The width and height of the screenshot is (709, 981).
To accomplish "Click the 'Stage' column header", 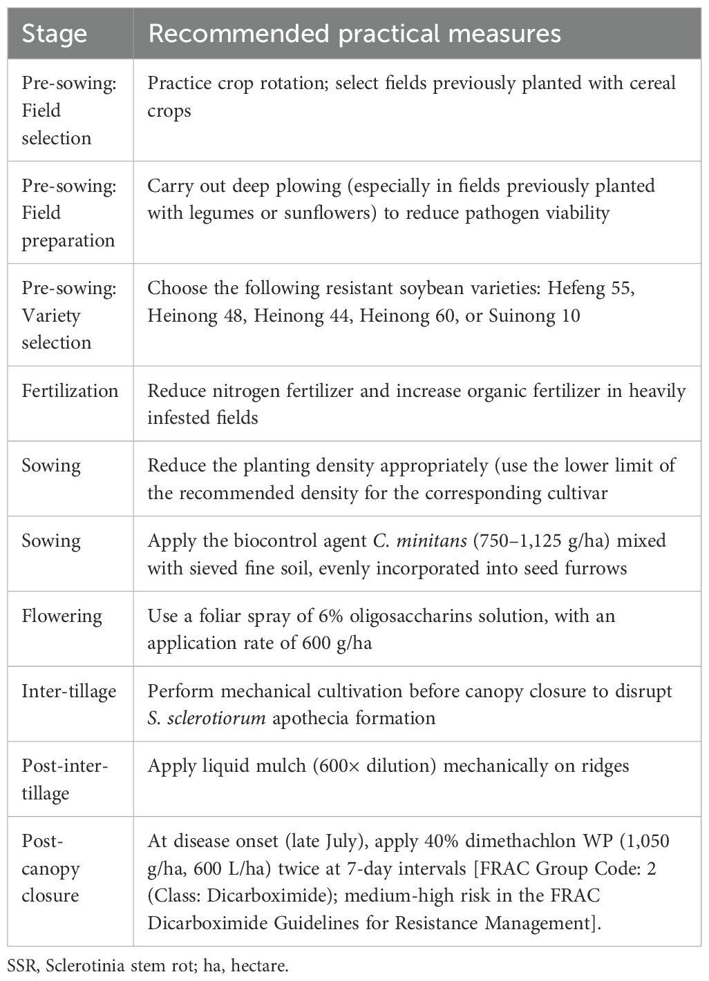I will (55, 34).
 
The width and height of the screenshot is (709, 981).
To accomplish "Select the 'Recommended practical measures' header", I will (354, 34).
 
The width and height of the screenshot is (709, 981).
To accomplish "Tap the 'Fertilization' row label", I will (70, 391).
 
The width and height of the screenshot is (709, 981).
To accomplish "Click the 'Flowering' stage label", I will (62, 616).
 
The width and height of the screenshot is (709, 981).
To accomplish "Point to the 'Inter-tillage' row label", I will (68, 691).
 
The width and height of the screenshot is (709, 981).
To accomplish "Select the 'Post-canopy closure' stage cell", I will (50, 868).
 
